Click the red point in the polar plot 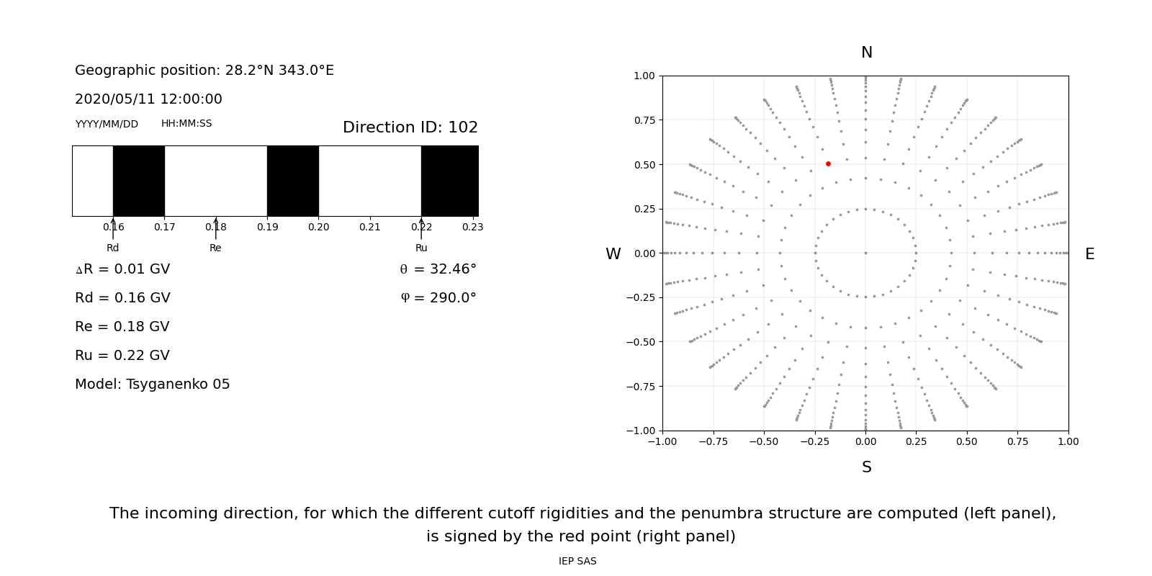click(828, 164)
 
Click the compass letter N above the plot click(866, 53)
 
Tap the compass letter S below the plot click(866, 467)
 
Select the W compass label click(613, 254)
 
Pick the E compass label click(1089, 254)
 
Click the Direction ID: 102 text click(410, 127)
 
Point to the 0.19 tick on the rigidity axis click(267, 227)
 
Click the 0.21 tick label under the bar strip click(369, 227)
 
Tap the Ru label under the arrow click(421, 248)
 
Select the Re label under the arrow click(215, 248)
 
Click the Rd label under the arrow click(113, 248)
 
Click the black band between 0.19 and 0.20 click(293, 181)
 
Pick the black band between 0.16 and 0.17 click(139, 181)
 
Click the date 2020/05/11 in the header click(108, 99)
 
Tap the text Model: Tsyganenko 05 click(153, 384)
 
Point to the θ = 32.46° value click(438, 269)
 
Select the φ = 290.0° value click(438, 298)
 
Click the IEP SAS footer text click(577, 561)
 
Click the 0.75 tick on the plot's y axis click(644, 120)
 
